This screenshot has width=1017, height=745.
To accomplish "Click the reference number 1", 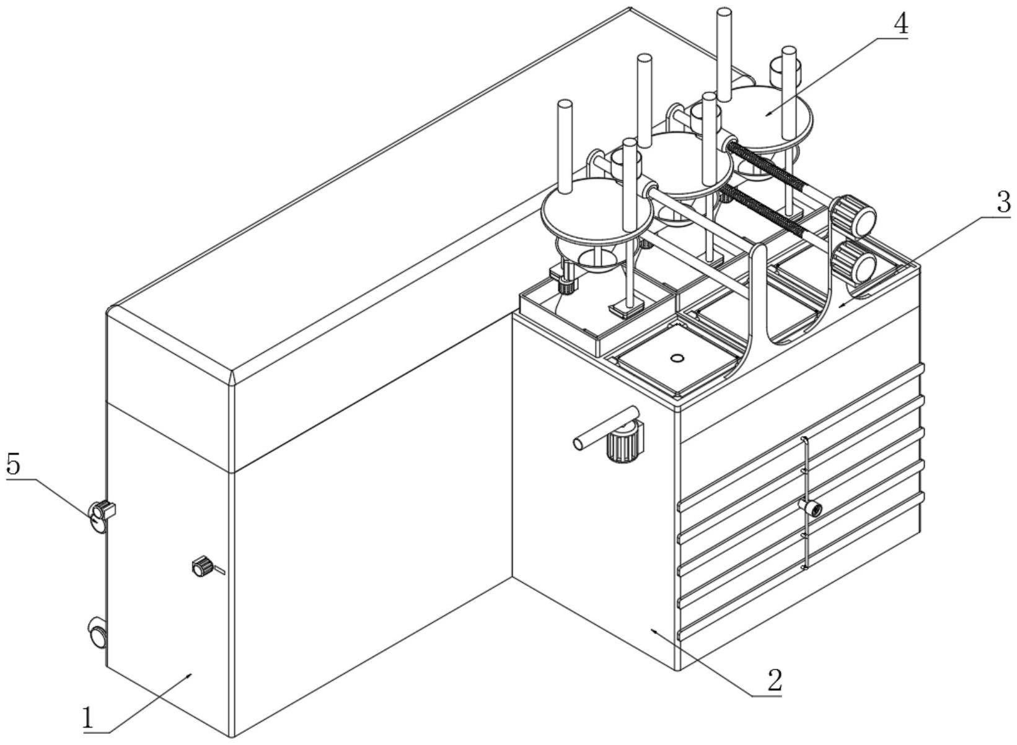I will pos(89,719).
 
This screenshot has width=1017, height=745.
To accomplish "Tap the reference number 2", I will pos(773,681).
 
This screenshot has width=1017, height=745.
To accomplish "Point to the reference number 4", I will pos(900,25).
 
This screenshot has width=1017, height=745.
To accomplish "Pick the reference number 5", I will pos(14,465).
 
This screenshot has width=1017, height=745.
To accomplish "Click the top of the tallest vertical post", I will pos(723,12).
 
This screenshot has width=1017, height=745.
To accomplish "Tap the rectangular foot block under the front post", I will pos(627,308).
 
